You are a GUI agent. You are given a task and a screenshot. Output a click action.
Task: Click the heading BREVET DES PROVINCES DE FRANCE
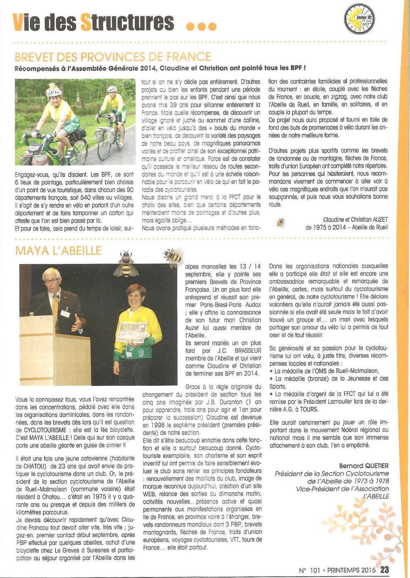pyautogui.click(x=113, y=57)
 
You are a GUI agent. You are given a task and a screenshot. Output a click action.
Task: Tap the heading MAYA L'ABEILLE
pyautogui.click(x=58, y=250)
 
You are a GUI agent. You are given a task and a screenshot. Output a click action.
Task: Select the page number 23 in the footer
pyautogui.click(x=384, y=569)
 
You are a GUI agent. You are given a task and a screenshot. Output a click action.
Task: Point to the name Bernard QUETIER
pyautogui.click(x=364, y=466)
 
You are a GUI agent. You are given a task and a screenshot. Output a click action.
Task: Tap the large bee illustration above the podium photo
pyautogui.click(x=126, y=264)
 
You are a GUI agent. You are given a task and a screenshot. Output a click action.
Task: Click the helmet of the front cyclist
pyautogui.click(x=53, y=92)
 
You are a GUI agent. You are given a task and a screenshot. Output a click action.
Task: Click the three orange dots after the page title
pyautogui.click(x=201, y=27)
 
